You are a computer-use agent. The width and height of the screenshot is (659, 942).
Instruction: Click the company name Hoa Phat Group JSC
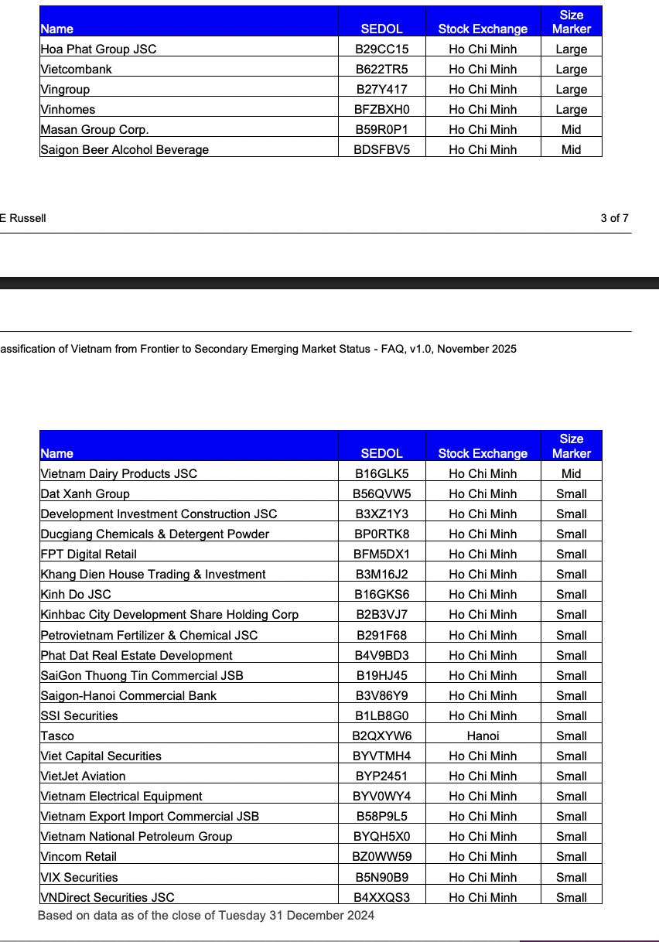coord(98,49)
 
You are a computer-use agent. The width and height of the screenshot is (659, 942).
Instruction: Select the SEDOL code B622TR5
coord(381,69)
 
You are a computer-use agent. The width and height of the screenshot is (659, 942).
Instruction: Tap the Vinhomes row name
coord(68,109)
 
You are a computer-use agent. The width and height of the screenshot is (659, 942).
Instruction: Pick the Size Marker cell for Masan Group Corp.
coord(571,129)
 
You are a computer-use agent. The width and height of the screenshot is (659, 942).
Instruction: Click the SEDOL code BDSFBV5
coord(381,149)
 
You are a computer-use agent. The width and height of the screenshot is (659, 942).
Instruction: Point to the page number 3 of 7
coord(614,218)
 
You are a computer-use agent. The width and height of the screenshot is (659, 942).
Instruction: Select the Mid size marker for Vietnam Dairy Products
coord(571,473)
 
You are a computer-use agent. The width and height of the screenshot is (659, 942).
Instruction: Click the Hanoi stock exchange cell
coord(483,736)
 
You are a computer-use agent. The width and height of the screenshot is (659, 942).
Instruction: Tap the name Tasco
coord(58,736)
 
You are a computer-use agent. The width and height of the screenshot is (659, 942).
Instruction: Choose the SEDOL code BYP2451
coord(381,776)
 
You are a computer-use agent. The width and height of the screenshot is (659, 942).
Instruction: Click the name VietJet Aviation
coord(83,776)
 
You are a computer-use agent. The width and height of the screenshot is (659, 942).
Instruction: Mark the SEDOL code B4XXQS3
coord(381,897)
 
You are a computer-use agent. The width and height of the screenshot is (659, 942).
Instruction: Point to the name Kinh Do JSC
coord(76,594)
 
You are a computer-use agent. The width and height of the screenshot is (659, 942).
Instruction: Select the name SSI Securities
coord(80,715)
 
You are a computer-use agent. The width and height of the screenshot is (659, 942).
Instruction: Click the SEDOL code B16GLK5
coord(381,473)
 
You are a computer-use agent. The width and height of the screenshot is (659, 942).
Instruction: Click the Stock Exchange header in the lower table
coord(483,453)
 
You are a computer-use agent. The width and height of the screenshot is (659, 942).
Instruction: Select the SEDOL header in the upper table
coord(381,29)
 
